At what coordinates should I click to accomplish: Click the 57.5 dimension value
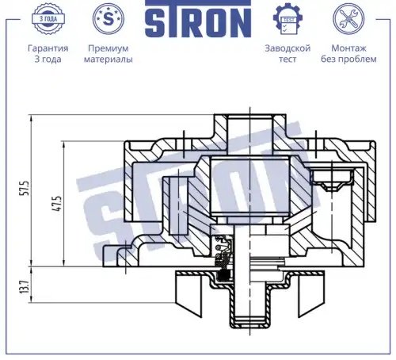tap(25, 188)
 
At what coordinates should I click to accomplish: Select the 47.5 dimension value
tap(58, 204)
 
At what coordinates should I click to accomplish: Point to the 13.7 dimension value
tap(25, 287)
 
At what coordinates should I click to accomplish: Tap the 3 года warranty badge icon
tap(48, 19)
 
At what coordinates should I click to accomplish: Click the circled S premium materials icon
tap(109, 18)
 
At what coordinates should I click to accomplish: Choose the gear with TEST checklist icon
tap(287, 19)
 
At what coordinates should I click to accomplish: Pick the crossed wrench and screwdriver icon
tap(348, 19)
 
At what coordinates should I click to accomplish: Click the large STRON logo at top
tap(198, 19)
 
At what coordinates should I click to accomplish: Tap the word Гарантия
tap(48, 48)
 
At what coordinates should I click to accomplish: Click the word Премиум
tap(109, 48)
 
